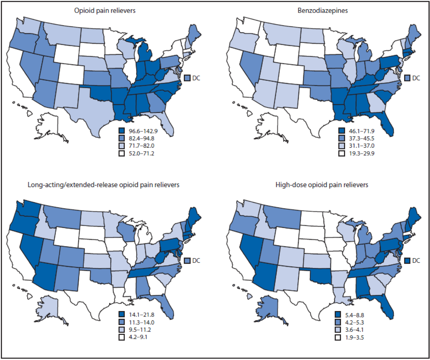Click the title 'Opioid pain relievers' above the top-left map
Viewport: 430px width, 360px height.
(105, 11)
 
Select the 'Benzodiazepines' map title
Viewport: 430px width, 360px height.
(323, 11)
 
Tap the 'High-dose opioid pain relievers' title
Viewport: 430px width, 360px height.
(322, 185)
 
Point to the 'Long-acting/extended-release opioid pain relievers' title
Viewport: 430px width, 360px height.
(103, 185)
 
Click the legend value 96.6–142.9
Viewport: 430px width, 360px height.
(143, 131)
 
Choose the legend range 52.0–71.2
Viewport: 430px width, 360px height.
(141, 153)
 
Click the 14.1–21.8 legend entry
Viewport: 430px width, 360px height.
(141, 315)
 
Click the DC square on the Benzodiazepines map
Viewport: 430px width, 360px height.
(407, 78)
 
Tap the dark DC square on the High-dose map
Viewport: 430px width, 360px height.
(407, 260)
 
